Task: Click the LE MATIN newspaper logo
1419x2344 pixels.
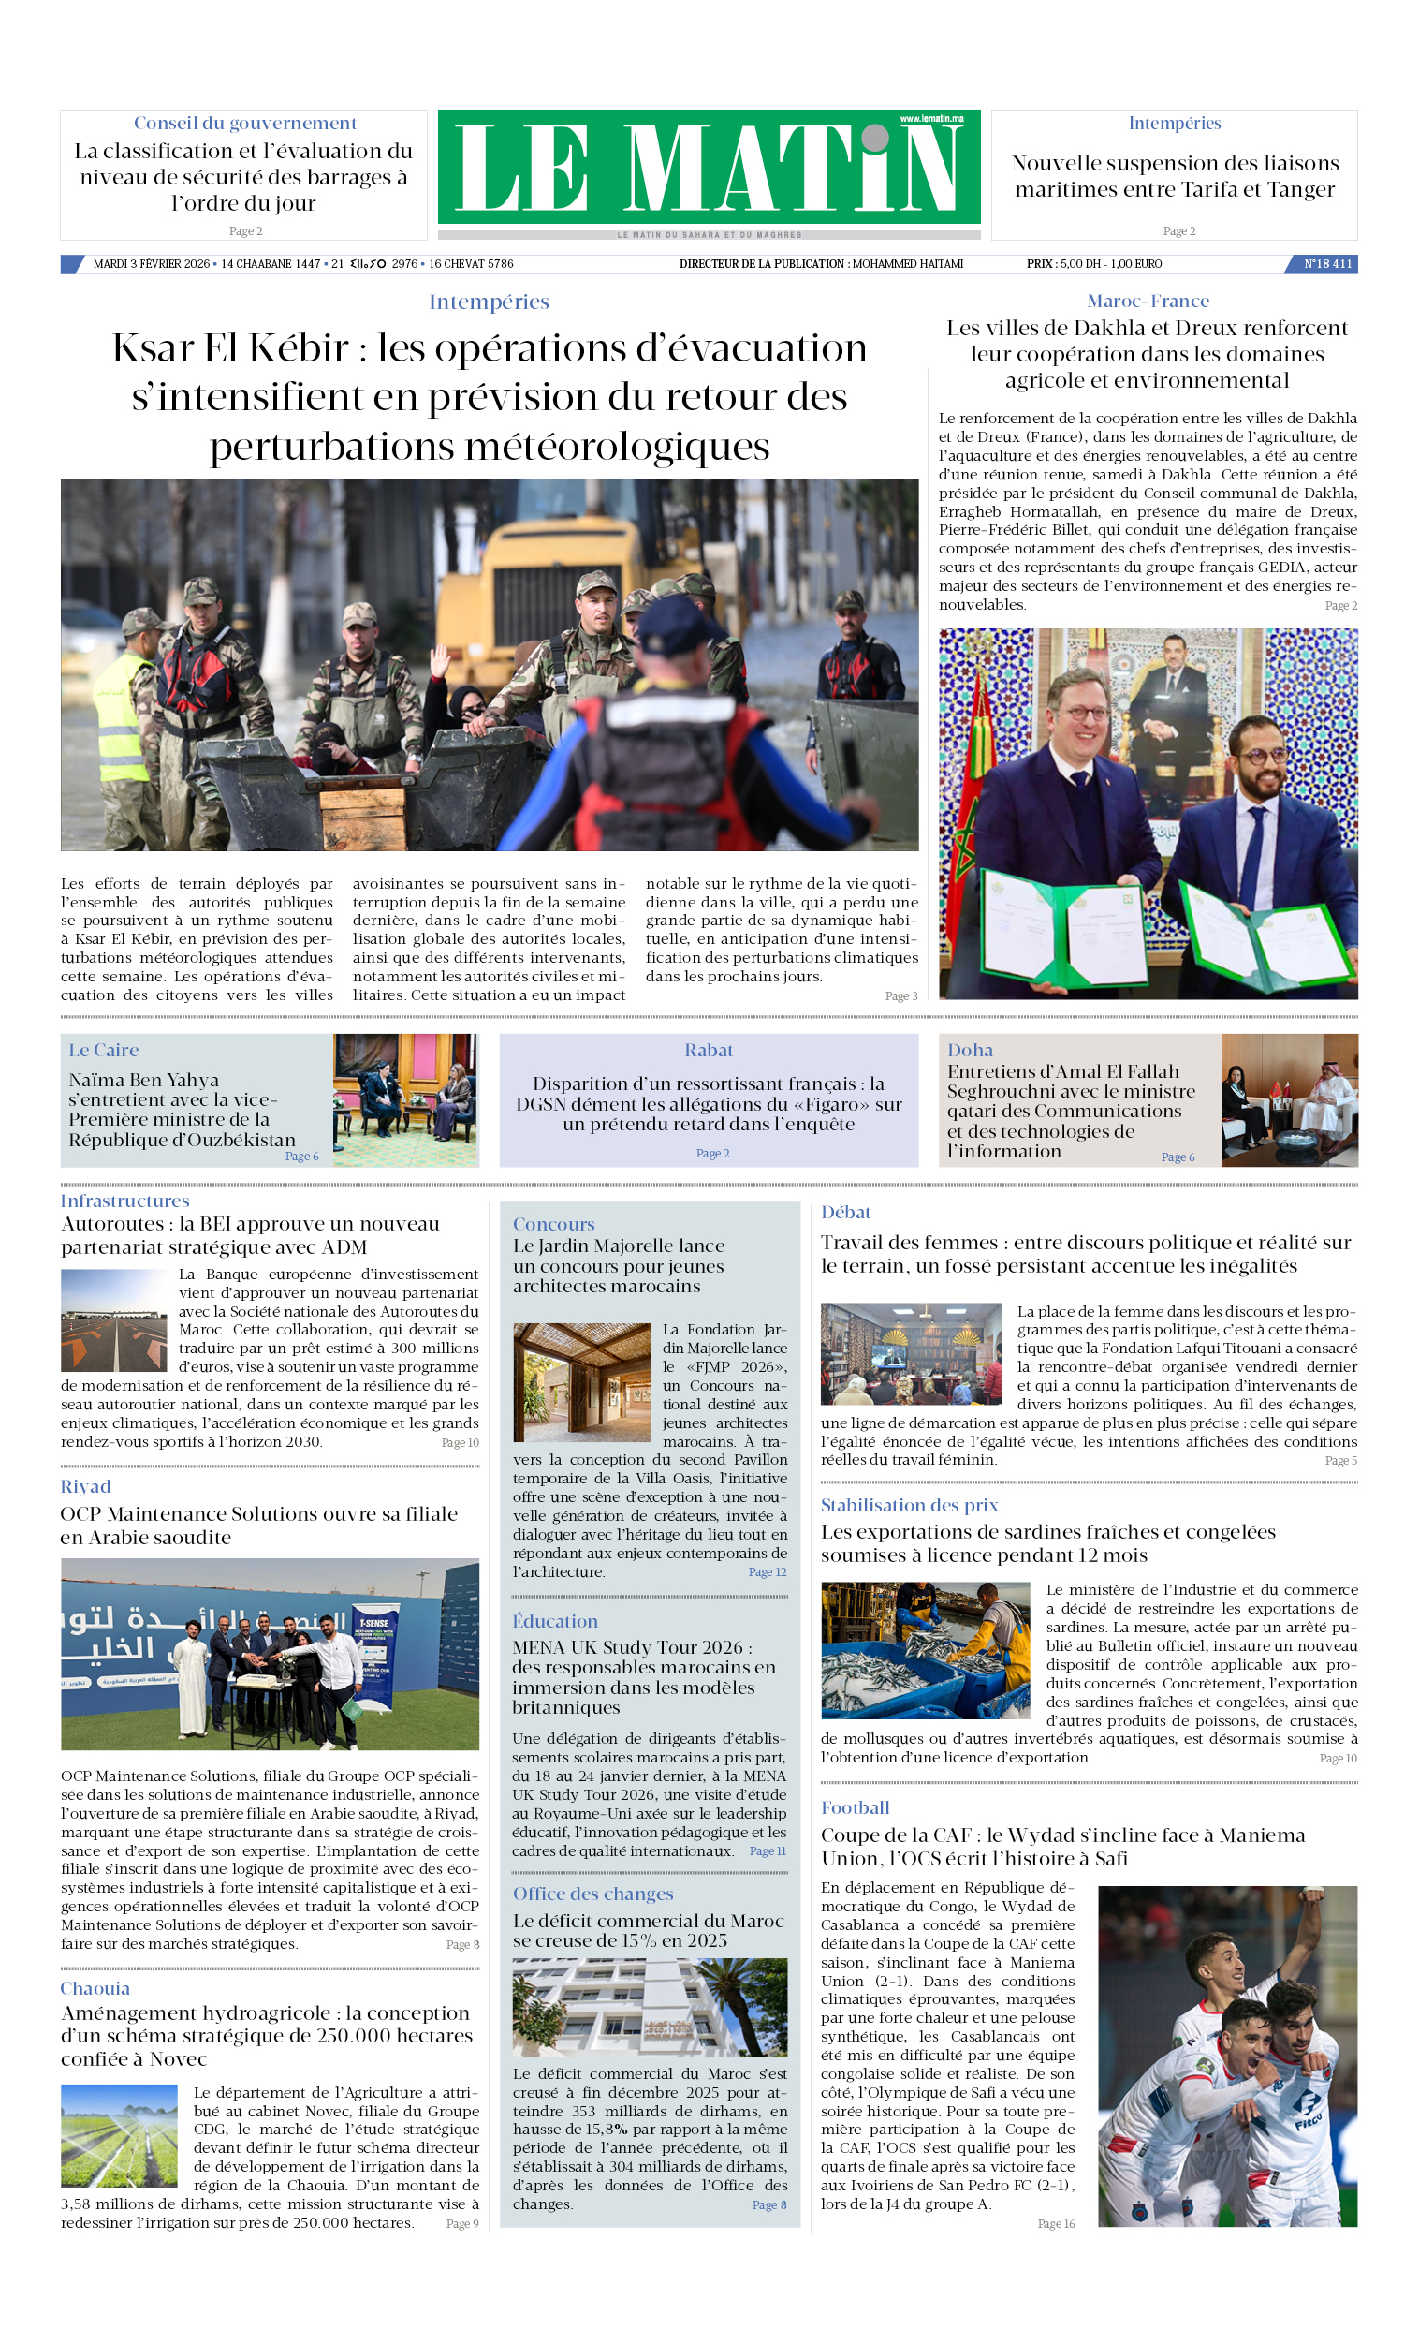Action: (x=708, y=169)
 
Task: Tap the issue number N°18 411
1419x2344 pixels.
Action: (x=1326, y=264)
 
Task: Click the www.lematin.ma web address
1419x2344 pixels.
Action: (x=931, y=119)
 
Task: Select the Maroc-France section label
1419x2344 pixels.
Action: (x=1147, y=302)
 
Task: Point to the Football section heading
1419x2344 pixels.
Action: (x=855, y=1807)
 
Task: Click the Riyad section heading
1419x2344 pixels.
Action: (x=85, y=1487)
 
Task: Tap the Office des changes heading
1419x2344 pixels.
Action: (x=592, y=1894)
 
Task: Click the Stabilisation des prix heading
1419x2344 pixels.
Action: (x=909, y=1505)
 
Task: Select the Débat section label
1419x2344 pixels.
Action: (x=845, y=1212)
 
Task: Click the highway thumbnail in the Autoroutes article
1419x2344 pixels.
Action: (x=114, y=1320)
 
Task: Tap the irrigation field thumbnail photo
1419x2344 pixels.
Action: (x=119, y=2136)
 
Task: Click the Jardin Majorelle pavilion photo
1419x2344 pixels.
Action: (x=581, y=1381)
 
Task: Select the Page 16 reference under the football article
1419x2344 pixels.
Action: (x=1055, y=2224)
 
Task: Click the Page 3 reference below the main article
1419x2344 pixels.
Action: (x=900, y=996)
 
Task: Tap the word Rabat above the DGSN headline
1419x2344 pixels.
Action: (x=709, y=1050)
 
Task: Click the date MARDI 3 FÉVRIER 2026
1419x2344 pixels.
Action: (x=152, y=264)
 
